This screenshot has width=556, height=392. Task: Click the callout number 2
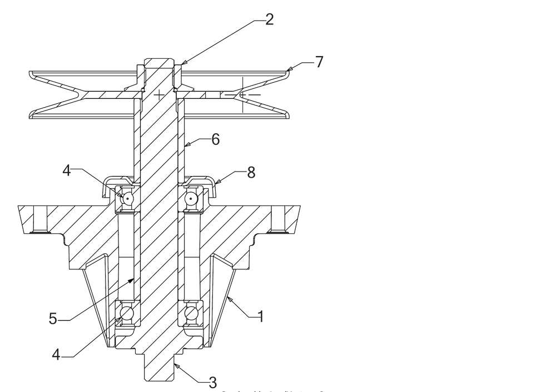(x=269, y=20)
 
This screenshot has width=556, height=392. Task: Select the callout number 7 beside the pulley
(x=319, y=62)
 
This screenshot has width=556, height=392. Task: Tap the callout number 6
(x=215, y=139)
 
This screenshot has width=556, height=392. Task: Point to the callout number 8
(x=251, y=173)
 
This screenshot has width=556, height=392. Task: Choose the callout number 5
(x=53, y=319)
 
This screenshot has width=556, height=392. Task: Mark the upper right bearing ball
(x=191, y=198)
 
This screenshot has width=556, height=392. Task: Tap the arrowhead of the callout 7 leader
(x=289, y=69)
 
